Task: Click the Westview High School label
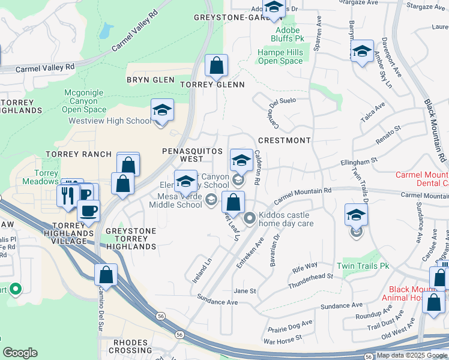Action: pyautogui.click(x=110, y=121)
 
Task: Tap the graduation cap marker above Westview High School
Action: pyautogui.click(x=162, y=111)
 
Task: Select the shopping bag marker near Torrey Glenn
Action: pyautogui.click(x=216, y=66)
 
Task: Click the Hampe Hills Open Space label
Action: pyautogui.click(x=280, y=57)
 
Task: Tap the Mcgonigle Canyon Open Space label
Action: pyautogui.click(x=84, y=101)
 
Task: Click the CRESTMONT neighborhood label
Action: pyautogui.click(x=284, y=140)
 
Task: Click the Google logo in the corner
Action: pyautogui.click(x=20, y=353)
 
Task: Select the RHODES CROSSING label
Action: pyautogui.click(x=131, y=346)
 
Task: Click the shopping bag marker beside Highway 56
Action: pyautogui.click(x=106, y=275)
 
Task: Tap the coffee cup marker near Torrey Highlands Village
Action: pyautogui.click(x=89, y=211)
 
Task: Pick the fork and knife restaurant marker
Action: pyautogui.click(x=66, y=195)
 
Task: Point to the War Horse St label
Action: pyautogui.click(x=282, y=341)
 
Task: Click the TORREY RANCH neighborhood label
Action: pyautogui.click(x=79, y=154)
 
